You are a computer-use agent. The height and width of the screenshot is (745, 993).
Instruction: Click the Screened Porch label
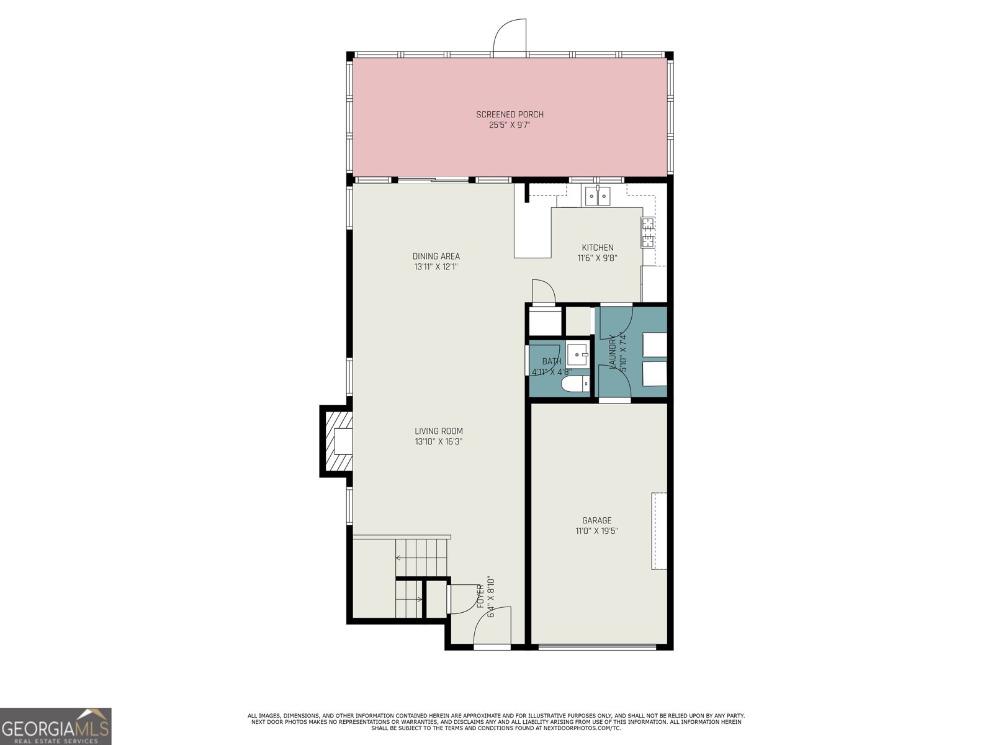click(510, 114)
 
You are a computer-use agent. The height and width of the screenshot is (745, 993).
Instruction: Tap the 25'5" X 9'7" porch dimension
click(510, 125)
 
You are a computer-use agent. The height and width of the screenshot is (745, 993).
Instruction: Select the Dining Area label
click(436, 256)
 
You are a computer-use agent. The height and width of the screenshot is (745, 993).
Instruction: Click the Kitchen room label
click(597, 248)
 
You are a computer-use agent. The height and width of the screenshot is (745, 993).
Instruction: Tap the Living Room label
click(439, 431)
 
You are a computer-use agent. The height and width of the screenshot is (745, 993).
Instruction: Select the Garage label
click(596, 521)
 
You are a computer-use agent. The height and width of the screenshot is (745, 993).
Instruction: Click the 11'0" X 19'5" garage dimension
click(596, 531)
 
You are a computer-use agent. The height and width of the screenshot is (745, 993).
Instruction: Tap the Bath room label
click(551, 361)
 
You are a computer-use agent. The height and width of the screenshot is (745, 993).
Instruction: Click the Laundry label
click(613, 353)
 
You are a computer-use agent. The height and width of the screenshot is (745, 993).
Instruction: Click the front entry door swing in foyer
click(492, 627)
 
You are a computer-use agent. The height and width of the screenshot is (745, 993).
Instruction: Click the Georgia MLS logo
click(56, 726)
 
